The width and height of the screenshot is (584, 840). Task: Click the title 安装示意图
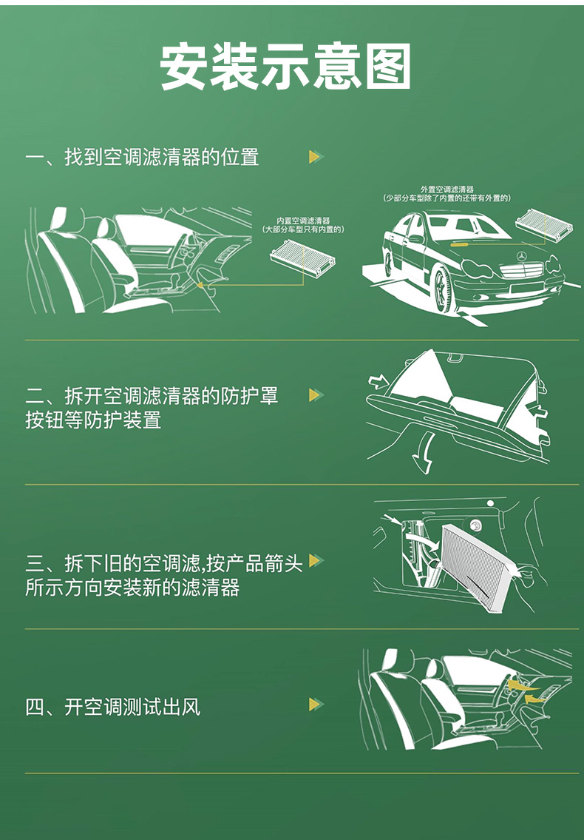pyautogui.click(x=285, y=66)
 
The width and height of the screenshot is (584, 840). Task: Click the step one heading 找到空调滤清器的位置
pyautogui.click(x=162, y=158)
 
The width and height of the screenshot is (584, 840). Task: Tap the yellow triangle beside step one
pyautogui.click(x=316, y=156)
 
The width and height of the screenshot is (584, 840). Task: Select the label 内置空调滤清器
pyautogui.click(x=303, y=221)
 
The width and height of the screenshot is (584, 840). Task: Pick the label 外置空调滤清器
pyautogui.click(x=447, y=189)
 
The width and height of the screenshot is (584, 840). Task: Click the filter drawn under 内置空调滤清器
pyautogui.click(x=303, y=256)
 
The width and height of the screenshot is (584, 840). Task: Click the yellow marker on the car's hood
pyautogui.click(x=459, y=245)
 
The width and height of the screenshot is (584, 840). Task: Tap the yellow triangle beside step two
pyautogui.click(x=316, y=395)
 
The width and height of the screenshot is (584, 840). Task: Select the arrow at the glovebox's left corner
pyautogui.click(x=379, y=381)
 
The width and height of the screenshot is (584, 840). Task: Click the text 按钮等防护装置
pyautogui.click(x=93, y=420)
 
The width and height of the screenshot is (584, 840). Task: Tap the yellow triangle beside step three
pyautogui.click(x=316, y=560)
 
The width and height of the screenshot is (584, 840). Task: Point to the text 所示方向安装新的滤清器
pyautogui.click(x=132, y=588)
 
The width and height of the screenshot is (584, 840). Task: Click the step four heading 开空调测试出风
pyautogui.click(x=132, y=707)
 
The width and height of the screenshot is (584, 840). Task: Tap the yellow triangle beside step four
pyautogui.click(x=316, y=705)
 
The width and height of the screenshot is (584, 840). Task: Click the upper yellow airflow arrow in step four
pyautogui.click(x=521, y=685)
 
